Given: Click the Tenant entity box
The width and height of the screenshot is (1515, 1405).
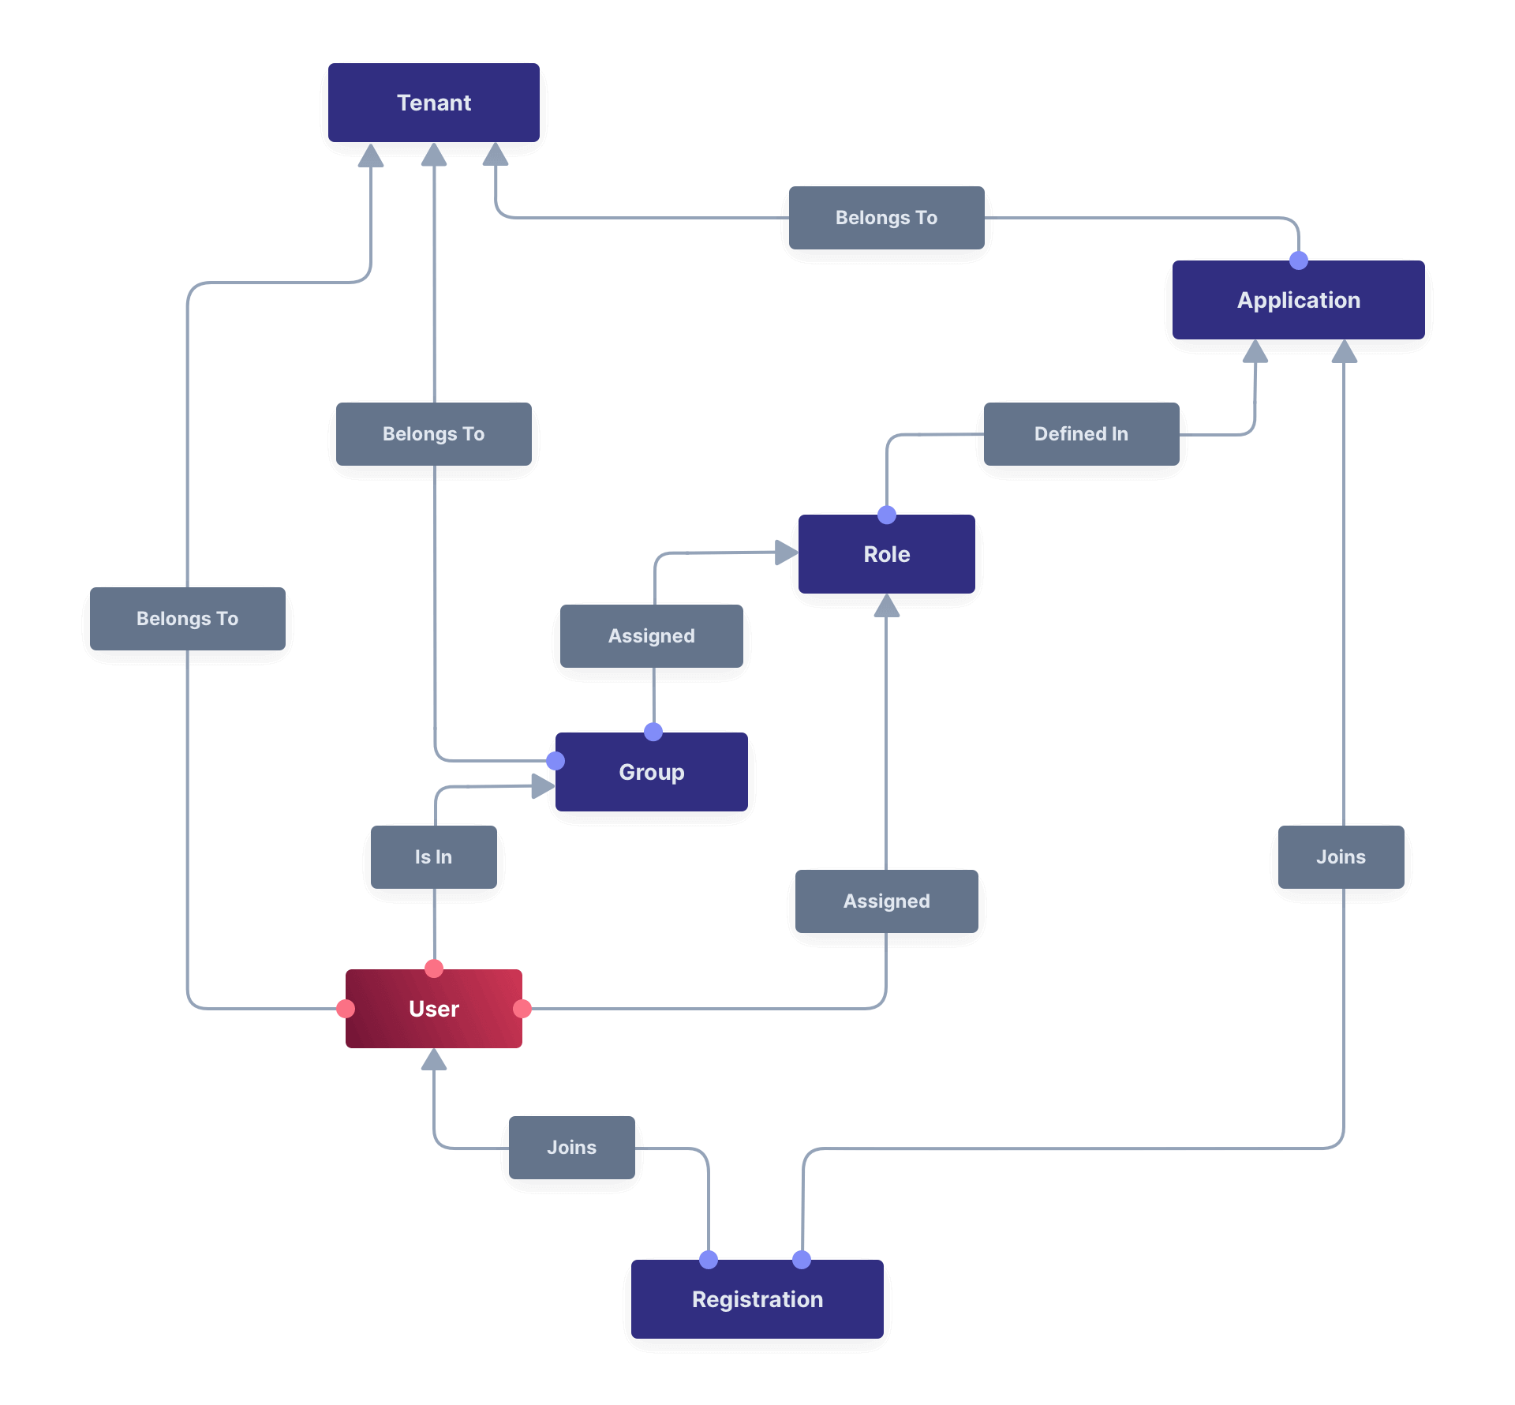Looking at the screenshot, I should pos(434,103).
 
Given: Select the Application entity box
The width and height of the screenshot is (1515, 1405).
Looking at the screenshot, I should pos(1298,300).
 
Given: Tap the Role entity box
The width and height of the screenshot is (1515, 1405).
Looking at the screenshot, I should pos(886,554).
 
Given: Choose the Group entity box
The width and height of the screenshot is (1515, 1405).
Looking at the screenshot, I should pos(651,772).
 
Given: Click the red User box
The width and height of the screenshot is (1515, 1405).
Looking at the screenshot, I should pos(433,1009).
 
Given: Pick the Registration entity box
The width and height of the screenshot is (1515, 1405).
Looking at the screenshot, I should pos(757,1299).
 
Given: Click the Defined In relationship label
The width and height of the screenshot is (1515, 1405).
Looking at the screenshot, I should pos(1081,434).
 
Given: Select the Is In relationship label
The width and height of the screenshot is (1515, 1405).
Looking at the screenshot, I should pos(433,857).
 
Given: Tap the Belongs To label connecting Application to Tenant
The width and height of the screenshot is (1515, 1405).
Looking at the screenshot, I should pos(886,218).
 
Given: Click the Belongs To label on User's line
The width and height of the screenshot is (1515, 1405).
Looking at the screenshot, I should pos(187,619).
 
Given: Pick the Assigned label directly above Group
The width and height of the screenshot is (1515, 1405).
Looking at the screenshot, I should pos(651,636).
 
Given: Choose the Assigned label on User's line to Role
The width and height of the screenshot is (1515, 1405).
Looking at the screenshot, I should pos(886,901).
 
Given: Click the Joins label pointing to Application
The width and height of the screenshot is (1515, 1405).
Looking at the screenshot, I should pos(1341,857).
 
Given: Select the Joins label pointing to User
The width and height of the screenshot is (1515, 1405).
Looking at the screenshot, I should pos(571,1148).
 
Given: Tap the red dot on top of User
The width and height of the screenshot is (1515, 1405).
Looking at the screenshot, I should pos(434,969).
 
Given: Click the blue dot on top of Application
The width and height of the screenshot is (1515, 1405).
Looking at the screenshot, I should pos(1298,260).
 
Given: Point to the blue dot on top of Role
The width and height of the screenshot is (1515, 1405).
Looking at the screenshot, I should pos(887,515).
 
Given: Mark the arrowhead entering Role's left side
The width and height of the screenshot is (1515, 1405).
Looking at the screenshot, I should pos(786,553).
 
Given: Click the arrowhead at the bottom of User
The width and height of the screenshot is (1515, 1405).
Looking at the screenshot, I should pos(434,1059).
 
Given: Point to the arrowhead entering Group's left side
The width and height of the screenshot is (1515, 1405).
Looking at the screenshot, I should pos(543,785).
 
